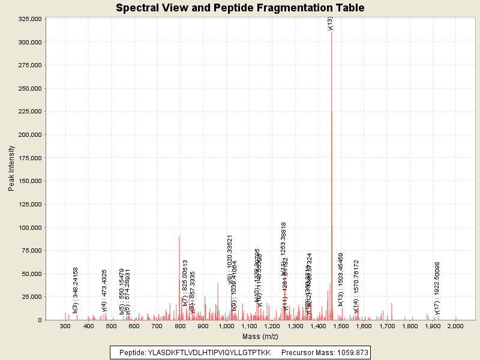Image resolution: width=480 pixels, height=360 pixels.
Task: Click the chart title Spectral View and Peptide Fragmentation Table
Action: [240, 8]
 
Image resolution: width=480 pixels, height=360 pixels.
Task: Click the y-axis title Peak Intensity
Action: [11, 169]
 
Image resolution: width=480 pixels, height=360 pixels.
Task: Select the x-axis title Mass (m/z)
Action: [260, 337]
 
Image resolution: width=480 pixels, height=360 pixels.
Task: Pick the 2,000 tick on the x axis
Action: [455, 326]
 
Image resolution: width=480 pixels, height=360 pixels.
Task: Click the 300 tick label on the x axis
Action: [65, 326]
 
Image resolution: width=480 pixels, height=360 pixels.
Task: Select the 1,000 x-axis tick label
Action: [226, 326]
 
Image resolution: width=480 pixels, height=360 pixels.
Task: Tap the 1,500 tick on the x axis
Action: [341, 326]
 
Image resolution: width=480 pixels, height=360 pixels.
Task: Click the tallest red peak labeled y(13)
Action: [332, 120]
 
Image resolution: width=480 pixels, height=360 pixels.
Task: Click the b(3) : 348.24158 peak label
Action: [76, 290]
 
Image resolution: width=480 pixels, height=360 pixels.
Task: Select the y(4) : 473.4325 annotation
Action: [104, 291]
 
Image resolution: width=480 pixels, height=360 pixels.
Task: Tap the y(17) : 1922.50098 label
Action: [437, 288]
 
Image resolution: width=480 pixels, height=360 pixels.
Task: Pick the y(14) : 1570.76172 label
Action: [356, 287]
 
